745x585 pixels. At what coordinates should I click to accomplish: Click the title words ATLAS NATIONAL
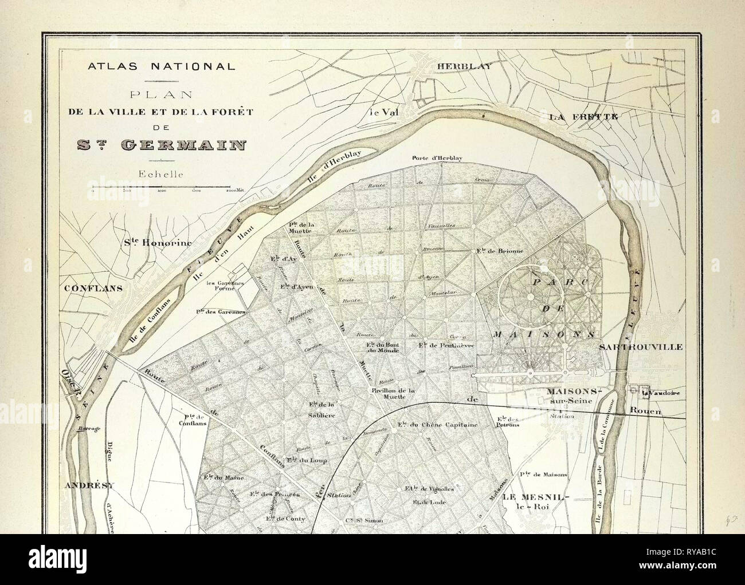click(161, 66)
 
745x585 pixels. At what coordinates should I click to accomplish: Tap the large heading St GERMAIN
click(161, 144)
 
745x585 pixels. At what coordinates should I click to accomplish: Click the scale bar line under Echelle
click(161, 187)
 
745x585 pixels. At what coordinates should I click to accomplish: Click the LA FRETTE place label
click(584, 117)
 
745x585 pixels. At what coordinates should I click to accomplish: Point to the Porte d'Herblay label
click(437, 159)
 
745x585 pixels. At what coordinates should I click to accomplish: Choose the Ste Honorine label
click(158, 242)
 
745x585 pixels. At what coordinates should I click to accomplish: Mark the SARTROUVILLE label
click(640, 347)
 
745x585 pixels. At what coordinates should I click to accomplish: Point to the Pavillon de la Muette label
click(392, 394)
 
